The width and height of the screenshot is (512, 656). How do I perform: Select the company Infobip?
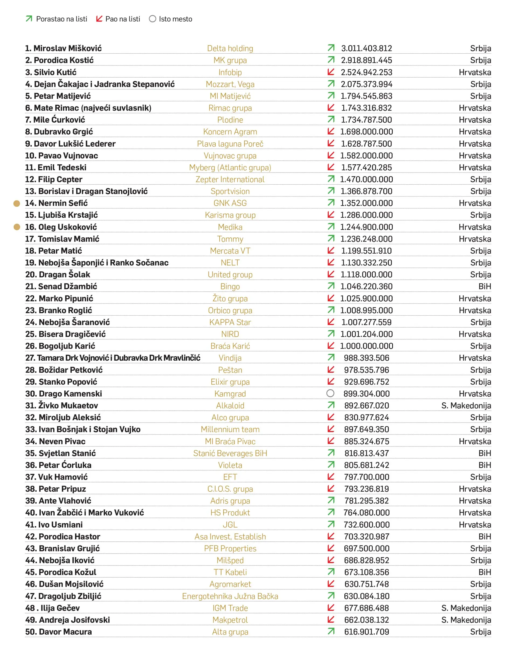[x=230, y=72]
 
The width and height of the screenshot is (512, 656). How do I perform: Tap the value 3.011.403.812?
[x=366, y=48]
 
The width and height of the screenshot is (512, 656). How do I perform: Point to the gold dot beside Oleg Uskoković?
[x=17, y=227]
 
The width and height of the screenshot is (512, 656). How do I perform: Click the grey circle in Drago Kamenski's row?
[x=330, y=393]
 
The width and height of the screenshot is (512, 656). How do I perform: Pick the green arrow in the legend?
[x=29, y=19]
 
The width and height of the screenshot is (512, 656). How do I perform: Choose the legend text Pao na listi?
[x=123, y=19]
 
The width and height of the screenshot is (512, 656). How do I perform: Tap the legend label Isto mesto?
[x=175, y=19]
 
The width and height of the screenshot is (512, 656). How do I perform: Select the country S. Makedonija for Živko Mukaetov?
[x=466, y=406]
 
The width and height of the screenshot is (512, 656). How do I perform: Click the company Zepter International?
[x=230, y=179]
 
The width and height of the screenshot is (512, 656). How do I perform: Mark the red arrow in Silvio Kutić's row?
[x=331, y=72]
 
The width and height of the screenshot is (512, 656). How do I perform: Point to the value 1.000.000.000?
[x=366, y=346]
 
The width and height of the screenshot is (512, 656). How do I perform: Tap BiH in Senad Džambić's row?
[x=485, y=286]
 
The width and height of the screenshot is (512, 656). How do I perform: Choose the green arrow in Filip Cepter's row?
[x=331, y=179]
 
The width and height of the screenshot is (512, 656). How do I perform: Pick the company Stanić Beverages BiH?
[x=230, y=453]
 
